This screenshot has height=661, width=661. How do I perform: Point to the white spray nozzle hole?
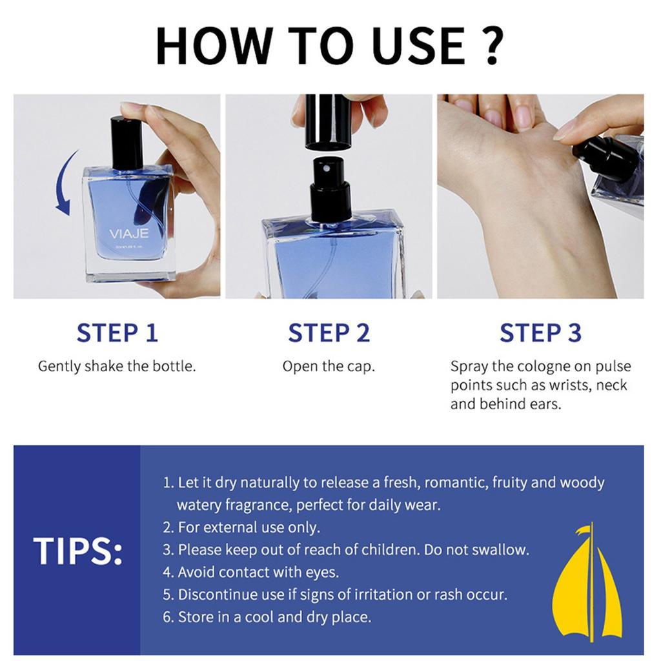(x=326, y=168)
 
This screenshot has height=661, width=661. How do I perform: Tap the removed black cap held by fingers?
(x=328, y=122)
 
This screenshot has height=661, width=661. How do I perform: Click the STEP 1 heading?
(x=117, y=332)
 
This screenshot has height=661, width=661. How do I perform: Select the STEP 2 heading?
(x=329, y=332)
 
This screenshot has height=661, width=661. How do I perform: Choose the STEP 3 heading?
(x=540, y=332)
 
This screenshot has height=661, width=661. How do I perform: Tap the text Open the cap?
(x=329, y=367)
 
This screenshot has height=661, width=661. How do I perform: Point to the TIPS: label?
(x=78, y=551)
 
